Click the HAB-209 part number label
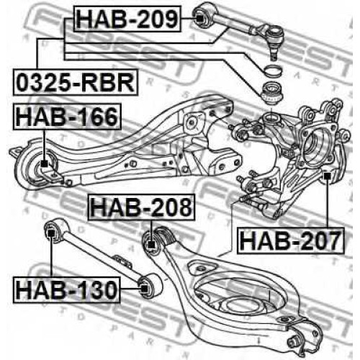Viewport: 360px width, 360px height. click(127, 19)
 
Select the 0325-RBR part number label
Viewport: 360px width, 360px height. click(76, 82)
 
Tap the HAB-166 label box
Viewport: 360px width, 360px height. click(67, 117)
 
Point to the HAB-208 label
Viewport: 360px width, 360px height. click(141, 207)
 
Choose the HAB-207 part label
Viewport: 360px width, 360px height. click(291, 240)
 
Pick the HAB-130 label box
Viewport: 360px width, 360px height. click(67, 289)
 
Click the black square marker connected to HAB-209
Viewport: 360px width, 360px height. click(199, 19)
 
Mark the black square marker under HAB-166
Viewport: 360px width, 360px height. click(44, 163)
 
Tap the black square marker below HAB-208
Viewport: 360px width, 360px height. click(151, 245)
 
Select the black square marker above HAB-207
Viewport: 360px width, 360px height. click(327, 176)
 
